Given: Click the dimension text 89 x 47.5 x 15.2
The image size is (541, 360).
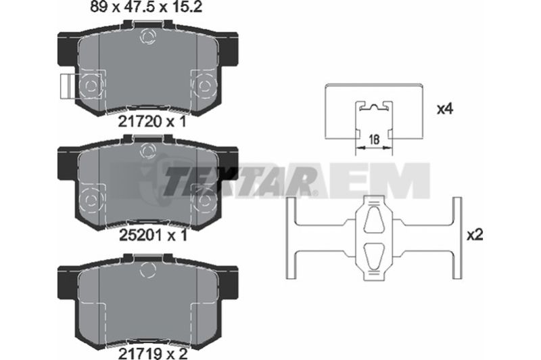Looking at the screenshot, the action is (146, 7).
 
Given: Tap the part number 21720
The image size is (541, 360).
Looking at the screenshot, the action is (140, 122).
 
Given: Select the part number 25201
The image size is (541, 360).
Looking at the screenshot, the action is (141, 235).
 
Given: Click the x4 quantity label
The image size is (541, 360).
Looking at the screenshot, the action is (445, 110).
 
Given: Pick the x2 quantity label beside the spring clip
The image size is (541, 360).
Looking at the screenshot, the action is (475, 235).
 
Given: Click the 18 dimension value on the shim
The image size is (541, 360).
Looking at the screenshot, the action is (374, 140).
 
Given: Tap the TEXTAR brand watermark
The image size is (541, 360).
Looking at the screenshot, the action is (238, 181).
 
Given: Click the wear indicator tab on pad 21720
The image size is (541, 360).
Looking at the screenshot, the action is (66, 87).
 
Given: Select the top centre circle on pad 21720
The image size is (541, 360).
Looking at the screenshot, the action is (148, 37).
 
